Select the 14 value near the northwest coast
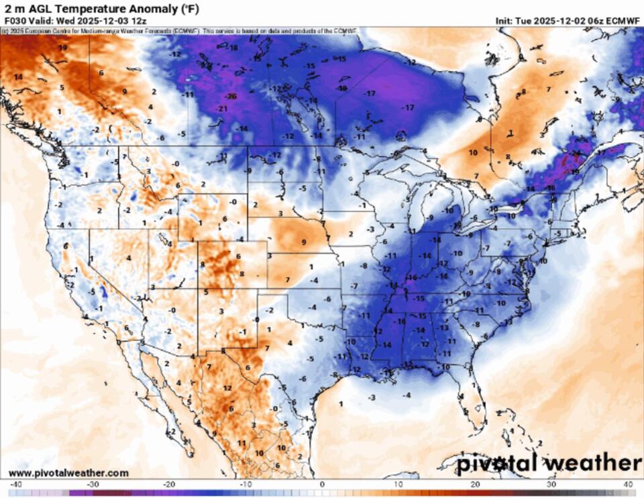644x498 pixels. point(18,77)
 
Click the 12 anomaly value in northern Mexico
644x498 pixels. point(227,388)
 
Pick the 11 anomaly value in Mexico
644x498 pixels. point(241,443)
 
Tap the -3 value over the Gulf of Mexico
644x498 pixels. point(372,397)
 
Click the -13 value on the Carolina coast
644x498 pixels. point(508,321)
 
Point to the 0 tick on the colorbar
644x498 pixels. point(322,484)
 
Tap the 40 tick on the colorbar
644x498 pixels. point(629,484)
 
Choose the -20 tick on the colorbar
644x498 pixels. point(168,484)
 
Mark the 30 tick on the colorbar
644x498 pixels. point(552,484)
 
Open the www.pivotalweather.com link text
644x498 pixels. point(68,473)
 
